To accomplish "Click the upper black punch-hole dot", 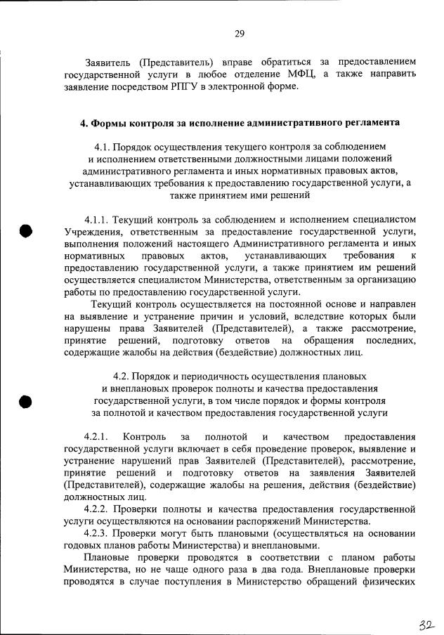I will click(x=26, y=232).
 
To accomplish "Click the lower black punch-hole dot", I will click(x=26, y=401).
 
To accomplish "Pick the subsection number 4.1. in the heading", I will click(x=105, y=147).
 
